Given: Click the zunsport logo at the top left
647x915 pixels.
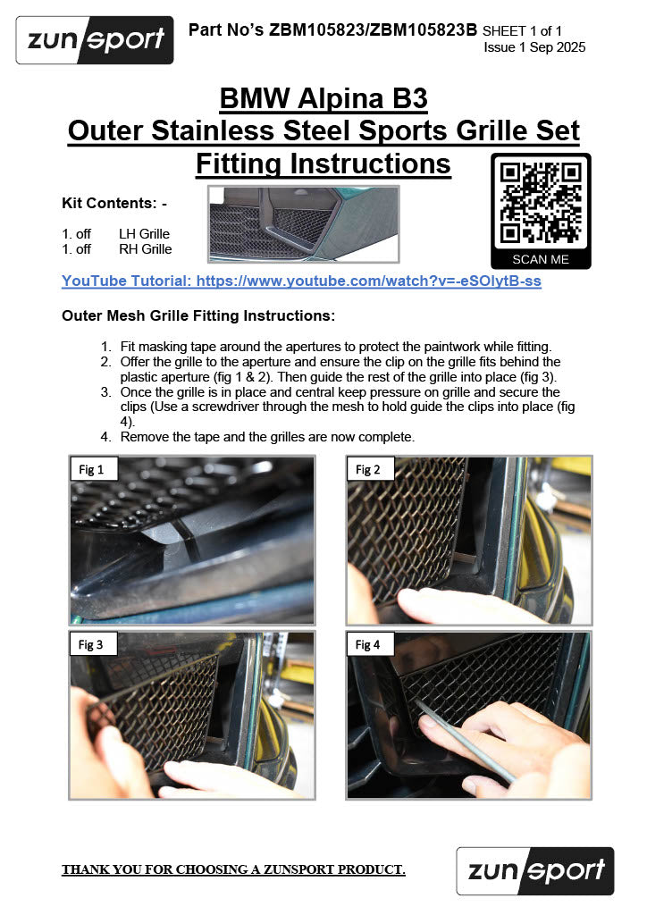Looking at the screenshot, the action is (95, 39).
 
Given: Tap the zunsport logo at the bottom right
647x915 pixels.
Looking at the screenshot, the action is (535, 870).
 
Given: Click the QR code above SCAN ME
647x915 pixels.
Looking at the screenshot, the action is (541, 203).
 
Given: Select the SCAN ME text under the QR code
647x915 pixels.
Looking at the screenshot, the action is (541, 259).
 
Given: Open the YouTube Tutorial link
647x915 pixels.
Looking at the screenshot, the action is (302, 281).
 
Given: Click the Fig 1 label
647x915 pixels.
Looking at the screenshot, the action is (91, 469).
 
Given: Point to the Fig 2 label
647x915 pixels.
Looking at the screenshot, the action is (368, 469).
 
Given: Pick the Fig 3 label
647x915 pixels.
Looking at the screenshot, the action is (91, 644).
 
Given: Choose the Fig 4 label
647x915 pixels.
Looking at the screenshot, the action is (368, 644).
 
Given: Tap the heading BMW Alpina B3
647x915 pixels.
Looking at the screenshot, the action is (323, 98).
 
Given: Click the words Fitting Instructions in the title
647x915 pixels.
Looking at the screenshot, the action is (323, 164).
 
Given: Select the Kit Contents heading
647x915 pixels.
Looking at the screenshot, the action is (114, 203).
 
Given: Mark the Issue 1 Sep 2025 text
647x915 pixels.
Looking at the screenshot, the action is (534, 47).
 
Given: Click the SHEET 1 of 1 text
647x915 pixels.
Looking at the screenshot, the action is (522, 30).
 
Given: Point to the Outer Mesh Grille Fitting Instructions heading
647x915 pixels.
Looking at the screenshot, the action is (198, 315).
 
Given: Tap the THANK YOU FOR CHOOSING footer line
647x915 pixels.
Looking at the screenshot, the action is (233, 869).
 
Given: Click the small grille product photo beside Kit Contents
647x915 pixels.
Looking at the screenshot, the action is (303, 224).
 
